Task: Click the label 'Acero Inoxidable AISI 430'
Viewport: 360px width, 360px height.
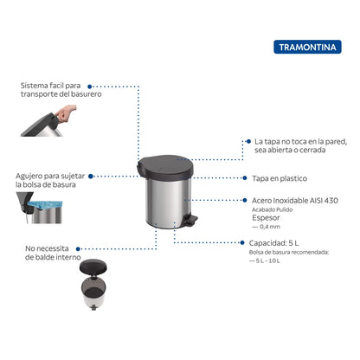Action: (x=295, y=199)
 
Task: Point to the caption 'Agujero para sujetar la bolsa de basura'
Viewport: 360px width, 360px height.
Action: (x=52, y=180)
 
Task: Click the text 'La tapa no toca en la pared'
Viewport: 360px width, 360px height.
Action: (x=299, y=140)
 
